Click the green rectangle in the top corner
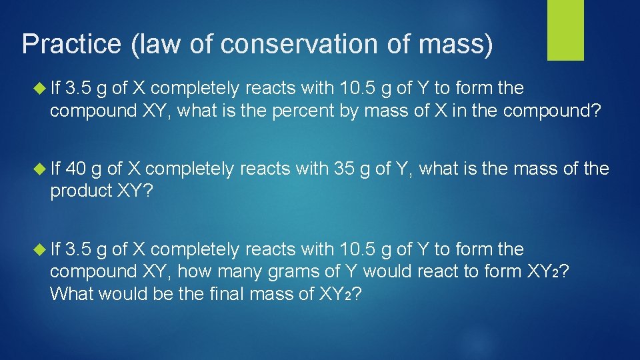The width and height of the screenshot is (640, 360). point(565,29)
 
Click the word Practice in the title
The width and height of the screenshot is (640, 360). point(71,45)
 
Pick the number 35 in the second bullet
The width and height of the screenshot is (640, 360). point(344,169)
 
